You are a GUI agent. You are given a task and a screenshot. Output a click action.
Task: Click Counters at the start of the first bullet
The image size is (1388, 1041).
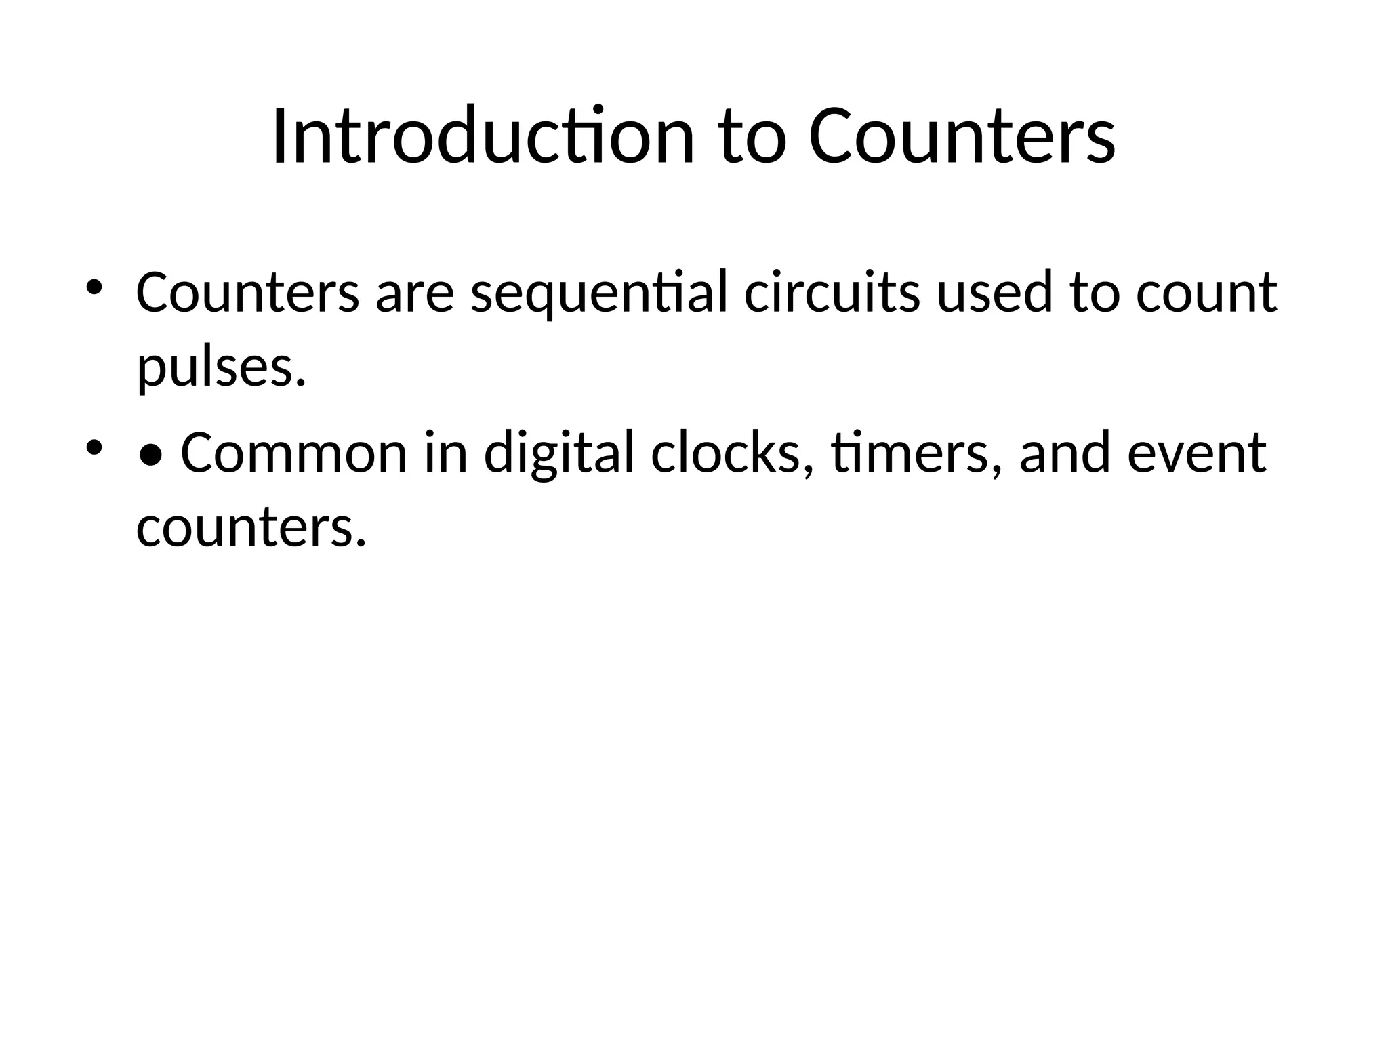pyautogui.click(x=247, y=293)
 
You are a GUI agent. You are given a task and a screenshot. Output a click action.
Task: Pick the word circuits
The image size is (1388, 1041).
pyautogui.click(x=832, y=293)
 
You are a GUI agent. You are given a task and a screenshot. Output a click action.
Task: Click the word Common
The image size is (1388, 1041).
pyautogui.click(x=293, y=453)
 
